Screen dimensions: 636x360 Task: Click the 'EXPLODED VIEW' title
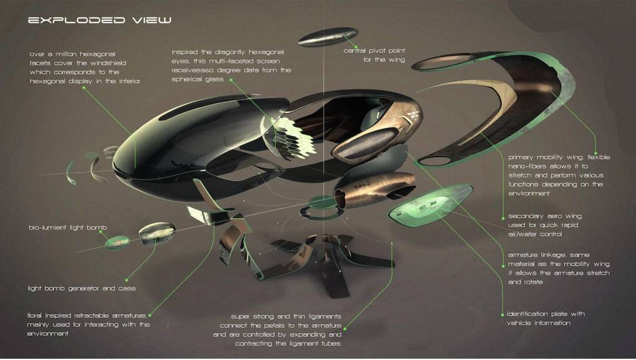pyautogui.click(x=99, y=20)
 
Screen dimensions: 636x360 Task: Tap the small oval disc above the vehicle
pyautogui.click(x=328, y=37)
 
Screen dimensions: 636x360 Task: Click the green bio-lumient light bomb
pyautogui.click(x=117, y=243)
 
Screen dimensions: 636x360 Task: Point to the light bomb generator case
pyautogui.click(x=157, y=233)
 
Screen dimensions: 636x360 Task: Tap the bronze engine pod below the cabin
pyautogui.click(x=374, y=189)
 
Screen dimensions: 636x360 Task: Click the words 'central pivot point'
pyautogui.click(x=374, y=51)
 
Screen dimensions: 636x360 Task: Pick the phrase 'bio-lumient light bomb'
pyautogui.click(x=68, y=227)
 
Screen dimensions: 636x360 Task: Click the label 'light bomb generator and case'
pyautogui.click(x=81, y=289)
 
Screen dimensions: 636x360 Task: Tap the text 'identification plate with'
pyautogui.click(x=545, y=314)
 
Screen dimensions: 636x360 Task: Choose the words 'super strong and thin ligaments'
pyautogui.click(x=286, y=316)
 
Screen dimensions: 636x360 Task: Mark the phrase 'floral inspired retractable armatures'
pyautogui.click(x=87, y=315)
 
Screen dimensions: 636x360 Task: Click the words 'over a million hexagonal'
pyautogui.click(x=73, y=54)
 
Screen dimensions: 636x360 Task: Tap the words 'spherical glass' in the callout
pyautogui.click(x=198, y=79)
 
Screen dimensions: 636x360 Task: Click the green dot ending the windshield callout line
pyautogui.click(x=84, y=87)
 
